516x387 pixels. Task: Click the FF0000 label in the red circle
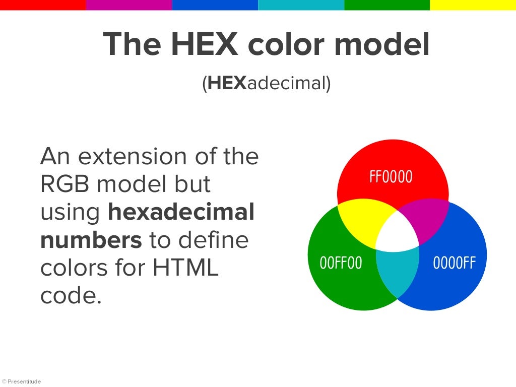click(391, 177)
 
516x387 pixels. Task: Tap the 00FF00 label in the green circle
click(341, 263)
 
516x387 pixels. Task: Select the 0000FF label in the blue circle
click(454, 263)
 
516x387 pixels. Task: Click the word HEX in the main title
click(204, 44)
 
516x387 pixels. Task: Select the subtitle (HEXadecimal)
click(267, 84)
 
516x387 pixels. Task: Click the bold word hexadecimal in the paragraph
click(181, 213)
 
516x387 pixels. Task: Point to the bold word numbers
click(91, 240)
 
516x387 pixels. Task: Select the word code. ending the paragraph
click(71, 296)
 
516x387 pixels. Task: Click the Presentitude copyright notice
click(22, 381)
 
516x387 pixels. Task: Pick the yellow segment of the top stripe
click(473, 5)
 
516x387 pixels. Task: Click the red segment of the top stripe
click(43, 5)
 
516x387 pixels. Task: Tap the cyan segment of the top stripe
click(301, 5)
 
